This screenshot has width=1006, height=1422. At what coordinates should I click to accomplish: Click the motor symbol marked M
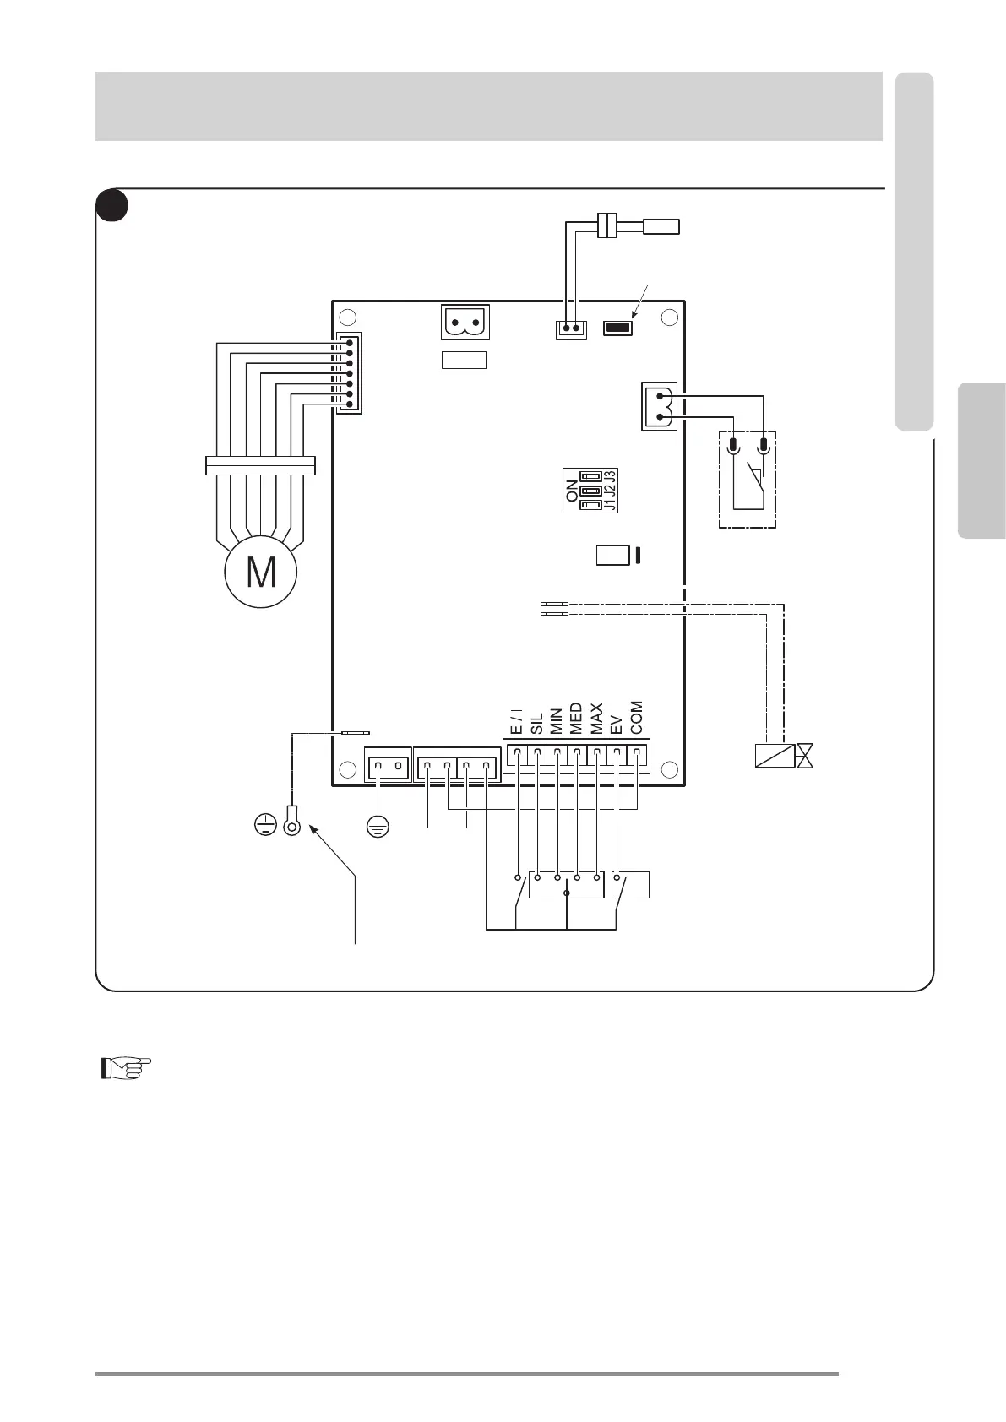pyautogui.click(x=260, y=572)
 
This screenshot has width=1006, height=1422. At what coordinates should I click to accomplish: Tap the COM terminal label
pyautogui.click(x=637, y=718)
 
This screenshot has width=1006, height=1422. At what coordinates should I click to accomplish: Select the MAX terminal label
pyautogui.click(x=597, y=719)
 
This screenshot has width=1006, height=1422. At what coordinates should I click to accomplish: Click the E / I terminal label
pyautogui.click(x=516, y=721)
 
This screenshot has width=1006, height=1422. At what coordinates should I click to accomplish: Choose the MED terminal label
pyautogui.click(x=577, y=719)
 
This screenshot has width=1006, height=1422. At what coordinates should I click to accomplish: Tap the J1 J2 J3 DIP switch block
pyautogui.click(x=590, y=490)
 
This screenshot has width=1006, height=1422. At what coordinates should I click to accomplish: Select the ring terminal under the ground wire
pyautogui.click(x=291, y=820)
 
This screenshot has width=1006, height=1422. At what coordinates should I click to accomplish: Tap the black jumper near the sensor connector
pyautogui.click(x=618, y=328)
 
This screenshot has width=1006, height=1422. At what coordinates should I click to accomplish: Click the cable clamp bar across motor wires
pyautogui.click(x=260, y=465)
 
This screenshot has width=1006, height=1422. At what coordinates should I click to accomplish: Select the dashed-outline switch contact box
pyautogui.click(x=748, y=480)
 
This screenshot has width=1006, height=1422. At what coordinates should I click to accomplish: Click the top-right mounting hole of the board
pyautogui.click(x=669, y=318)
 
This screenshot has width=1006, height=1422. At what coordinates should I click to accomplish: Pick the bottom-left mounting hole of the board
pyautogui.click(x=346, y=769)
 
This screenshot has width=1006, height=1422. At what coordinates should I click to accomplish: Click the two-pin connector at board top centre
pyautogui.click(x=465, y=323)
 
